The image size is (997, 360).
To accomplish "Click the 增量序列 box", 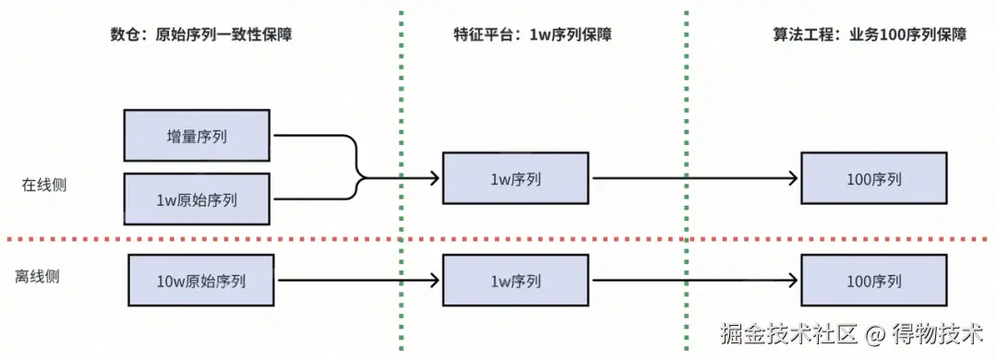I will tap(197, 136).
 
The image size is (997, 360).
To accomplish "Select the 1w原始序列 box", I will tap(197, 198).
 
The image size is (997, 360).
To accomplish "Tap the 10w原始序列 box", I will tap(202, 281).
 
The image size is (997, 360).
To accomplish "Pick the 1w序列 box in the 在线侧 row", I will tap(515, 178).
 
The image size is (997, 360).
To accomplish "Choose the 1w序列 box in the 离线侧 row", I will tap(515, 281).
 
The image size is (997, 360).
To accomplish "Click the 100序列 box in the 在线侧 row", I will tap(873, 178).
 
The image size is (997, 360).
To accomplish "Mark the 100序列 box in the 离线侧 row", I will tap(873, 281).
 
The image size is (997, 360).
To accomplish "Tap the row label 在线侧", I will tap(44, 185).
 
